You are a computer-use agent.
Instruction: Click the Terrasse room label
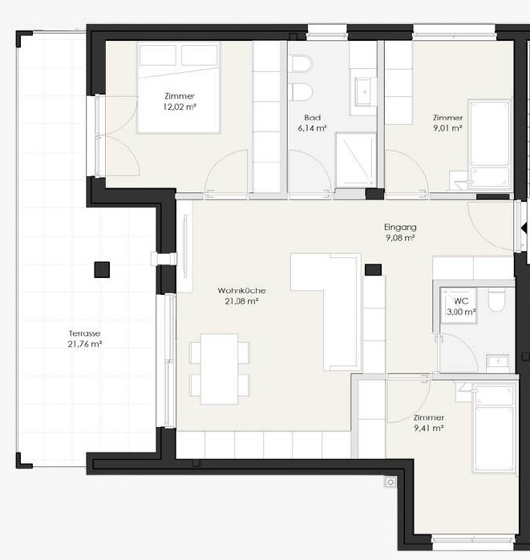84,333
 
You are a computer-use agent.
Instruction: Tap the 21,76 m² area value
85,344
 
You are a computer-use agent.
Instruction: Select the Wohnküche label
241,290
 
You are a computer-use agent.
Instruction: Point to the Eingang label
400,228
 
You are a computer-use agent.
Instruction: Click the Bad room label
313,118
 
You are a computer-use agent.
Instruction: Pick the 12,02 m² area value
180,107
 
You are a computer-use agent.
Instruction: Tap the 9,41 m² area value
429,428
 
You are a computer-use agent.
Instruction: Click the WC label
461,301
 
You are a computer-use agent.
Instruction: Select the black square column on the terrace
102,270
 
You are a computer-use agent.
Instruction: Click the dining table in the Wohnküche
220,369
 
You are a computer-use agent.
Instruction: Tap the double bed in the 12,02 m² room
179,88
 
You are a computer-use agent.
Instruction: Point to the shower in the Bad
356,160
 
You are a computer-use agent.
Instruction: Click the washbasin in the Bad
365,92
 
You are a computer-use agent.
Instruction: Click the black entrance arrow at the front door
524,228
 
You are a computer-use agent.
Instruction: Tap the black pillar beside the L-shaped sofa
373,270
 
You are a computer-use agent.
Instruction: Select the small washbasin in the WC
498,362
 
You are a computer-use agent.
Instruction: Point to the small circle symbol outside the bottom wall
390,482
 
